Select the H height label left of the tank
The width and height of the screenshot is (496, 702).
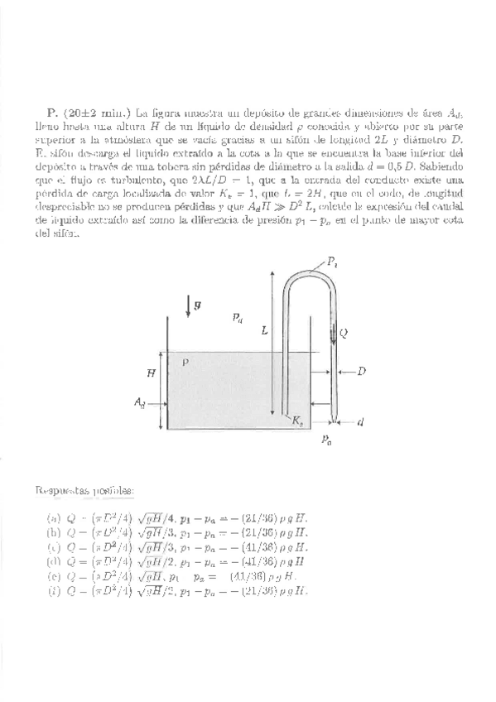(151, 373)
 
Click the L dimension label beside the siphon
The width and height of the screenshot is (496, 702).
(264, 330)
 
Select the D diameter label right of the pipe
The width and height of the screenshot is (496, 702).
(361, 372)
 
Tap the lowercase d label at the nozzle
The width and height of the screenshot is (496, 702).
(360, 422)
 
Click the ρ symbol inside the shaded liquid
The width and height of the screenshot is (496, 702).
(186, 362)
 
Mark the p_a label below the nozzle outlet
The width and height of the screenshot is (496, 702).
(328, 442)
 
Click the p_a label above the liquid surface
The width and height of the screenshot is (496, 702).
(238, 316)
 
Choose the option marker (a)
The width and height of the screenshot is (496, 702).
(54, 517)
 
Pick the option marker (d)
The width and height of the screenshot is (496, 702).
(54, 561)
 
